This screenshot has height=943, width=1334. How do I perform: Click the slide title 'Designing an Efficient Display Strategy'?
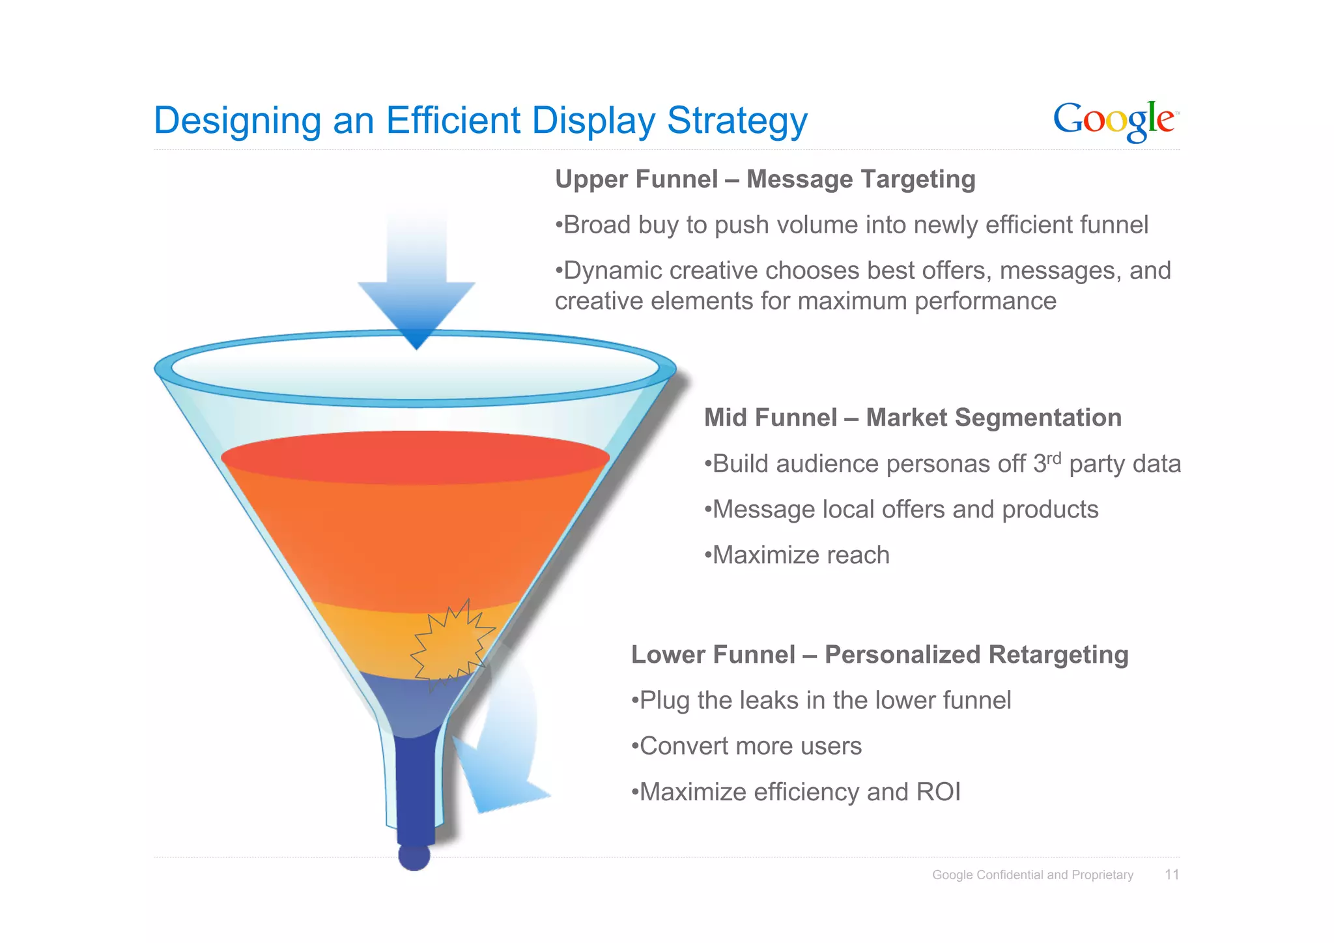click(x=480, y=121)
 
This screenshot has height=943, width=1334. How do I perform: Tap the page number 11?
click(x=1172, y=875)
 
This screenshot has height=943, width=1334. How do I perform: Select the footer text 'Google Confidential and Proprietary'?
click(x=1032, y=875)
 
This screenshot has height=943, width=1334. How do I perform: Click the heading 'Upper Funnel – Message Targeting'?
click(x=765, y=179)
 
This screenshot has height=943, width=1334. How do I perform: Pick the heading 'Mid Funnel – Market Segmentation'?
click(x=913, y=418)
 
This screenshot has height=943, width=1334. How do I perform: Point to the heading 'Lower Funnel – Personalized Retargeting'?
click(x=879, y=654)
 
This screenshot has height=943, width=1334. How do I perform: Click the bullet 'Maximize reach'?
click(x=798, y=555)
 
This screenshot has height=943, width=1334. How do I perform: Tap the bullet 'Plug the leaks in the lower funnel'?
click(x=822, y=701)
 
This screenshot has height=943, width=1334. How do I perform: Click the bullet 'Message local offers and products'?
click(x=902, y=510)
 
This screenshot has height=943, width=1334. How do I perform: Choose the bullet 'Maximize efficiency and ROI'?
click(x=797, y=792)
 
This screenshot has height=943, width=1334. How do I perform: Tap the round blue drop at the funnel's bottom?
click(x=414, y=856)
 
